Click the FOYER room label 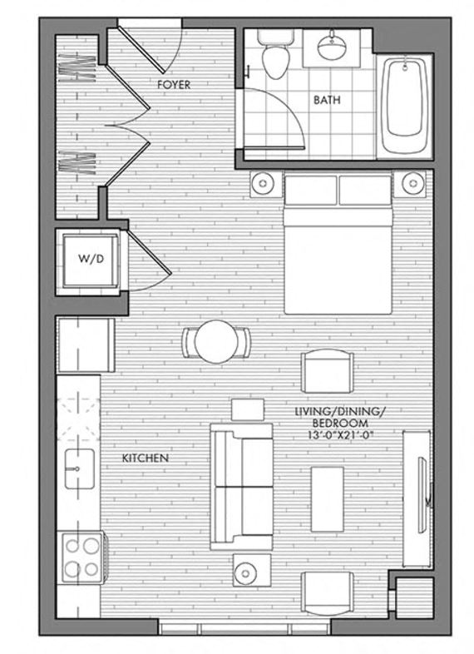pyautogui.click(x=174, y=85)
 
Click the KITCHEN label pyautogui.click(x=146, y=458)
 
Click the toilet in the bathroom pyautogui.click(x=271, y=55)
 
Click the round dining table pyautogui.click(x=216, y=340)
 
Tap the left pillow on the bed pyautogui.click(x=310, y=190)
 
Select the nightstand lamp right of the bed pyautogui.click(x=412, y=182)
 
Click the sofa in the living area pyautogui.click(x=239, y=486)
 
